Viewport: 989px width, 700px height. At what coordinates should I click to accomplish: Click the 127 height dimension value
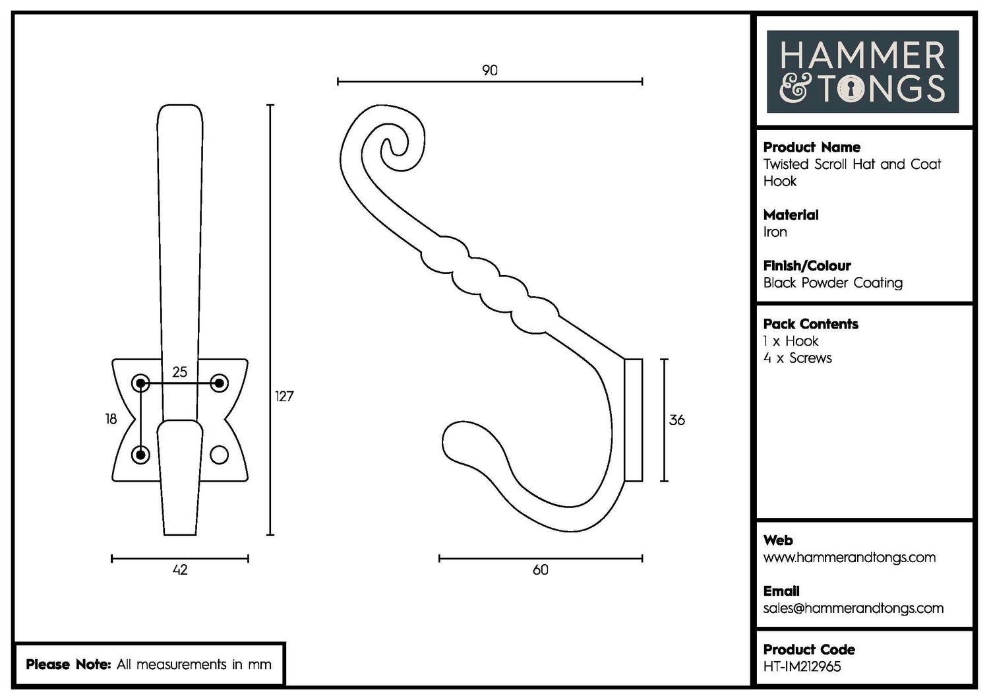click(284, 396)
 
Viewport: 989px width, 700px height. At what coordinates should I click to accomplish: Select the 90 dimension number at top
click(489, 71)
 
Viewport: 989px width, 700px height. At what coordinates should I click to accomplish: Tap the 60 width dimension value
click(540, 569)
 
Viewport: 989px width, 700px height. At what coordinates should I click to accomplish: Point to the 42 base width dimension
click(180, 569)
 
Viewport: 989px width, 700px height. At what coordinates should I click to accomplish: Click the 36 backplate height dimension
click(676, 420)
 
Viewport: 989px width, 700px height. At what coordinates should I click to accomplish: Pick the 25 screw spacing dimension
click(179, 372)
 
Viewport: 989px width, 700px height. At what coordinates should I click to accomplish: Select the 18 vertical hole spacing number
click(111, 419)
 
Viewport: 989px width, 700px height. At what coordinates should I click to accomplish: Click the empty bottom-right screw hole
click(219, 455)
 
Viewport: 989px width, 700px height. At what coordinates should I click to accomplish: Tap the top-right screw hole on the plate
click(219, 383)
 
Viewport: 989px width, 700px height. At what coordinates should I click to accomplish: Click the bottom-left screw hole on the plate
click(141, 455)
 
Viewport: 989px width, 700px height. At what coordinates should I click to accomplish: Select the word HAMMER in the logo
click(862, 56)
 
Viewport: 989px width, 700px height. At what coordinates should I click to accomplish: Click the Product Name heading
click(811, 147)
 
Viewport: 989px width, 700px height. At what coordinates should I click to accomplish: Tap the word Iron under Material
click(775, 232)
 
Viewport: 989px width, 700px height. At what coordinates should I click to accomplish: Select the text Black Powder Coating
click(832, 282)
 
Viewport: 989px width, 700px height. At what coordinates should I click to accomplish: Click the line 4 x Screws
click(797, 358)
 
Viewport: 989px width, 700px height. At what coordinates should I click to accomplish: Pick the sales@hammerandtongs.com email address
click(853, 608)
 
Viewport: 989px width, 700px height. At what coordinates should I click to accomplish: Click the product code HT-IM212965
click(802, 666)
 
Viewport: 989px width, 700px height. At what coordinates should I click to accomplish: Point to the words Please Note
click(68, 664)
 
